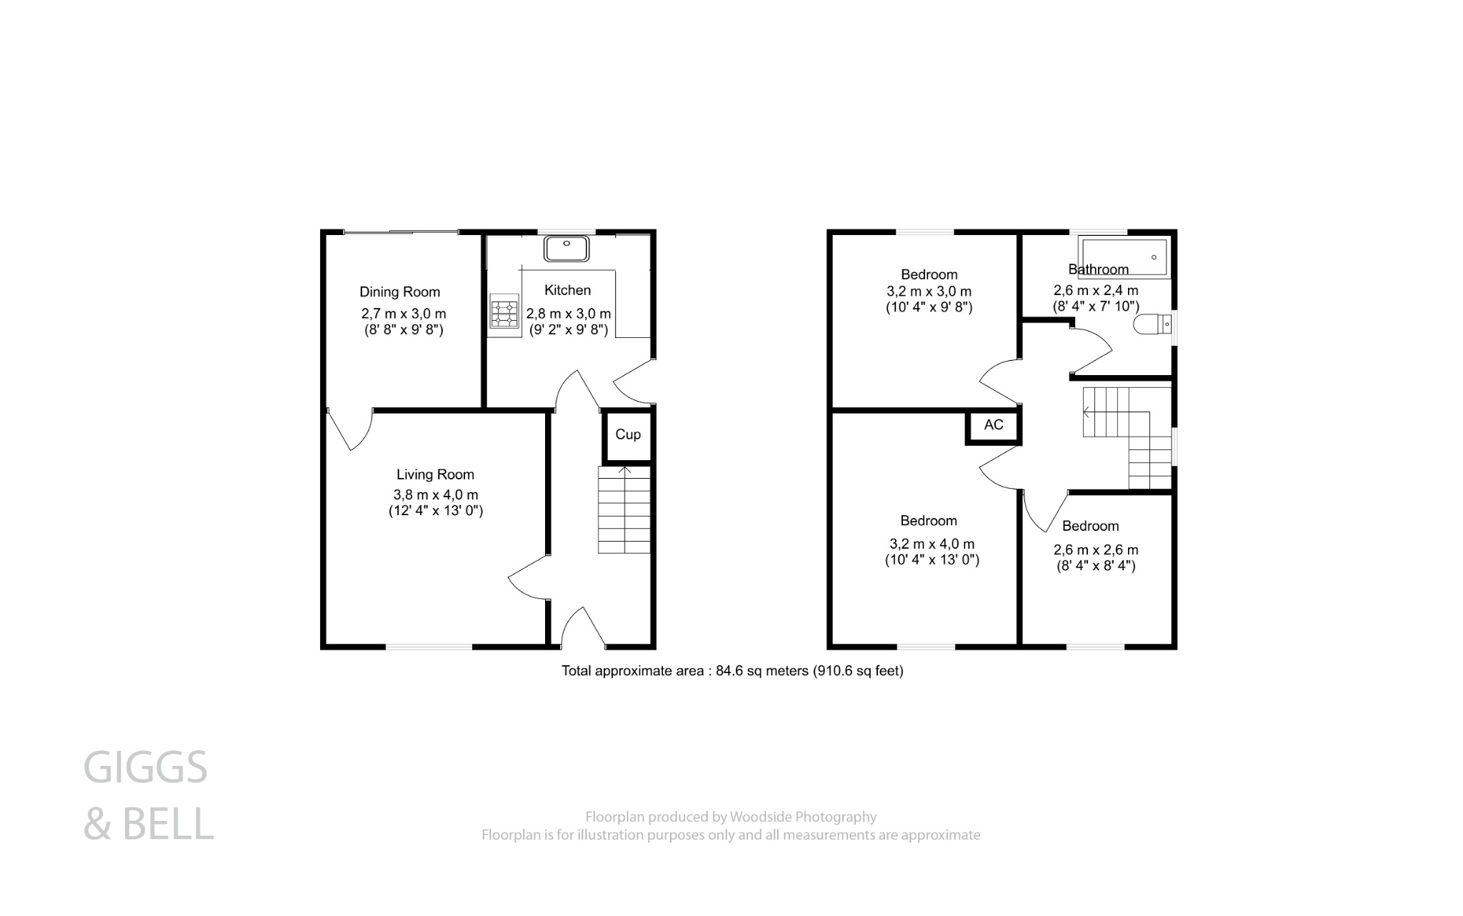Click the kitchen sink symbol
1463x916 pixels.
point(566,249)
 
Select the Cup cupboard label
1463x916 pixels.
point(628,434)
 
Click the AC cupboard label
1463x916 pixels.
point(994,425)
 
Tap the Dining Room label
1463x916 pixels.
point(399,292)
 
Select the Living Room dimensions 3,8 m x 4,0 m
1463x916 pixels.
point(436,494)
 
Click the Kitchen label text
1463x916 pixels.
point(568,290)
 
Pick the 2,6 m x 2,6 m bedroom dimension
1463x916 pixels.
point(1096,550)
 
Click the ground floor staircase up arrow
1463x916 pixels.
point(624,470)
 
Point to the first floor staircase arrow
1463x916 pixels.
point(1087,412)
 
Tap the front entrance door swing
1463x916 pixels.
point(583,627)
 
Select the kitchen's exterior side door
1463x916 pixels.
point(633,382)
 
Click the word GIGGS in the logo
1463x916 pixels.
point(145,767)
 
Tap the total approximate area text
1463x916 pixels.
point(731,671)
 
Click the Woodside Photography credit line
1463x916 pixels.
point(730,817)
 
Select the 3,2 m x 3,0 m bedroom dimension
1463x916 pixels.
point(929,292)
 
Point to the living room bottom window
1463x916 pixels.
point(429,647)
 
